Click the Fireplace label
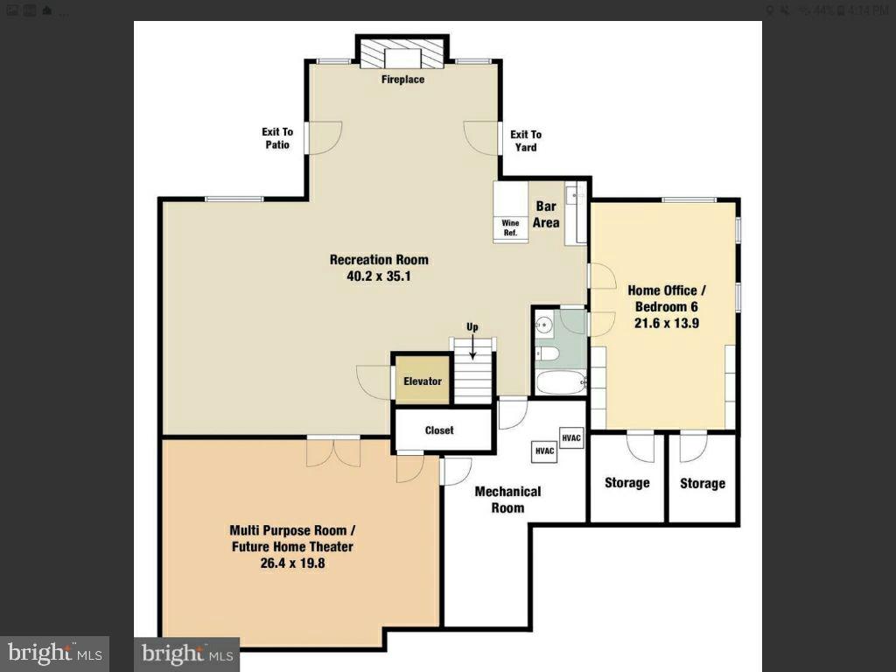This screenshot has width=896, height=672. coord(402,80)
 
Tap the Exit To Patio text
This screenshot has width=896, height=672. coord(276,138)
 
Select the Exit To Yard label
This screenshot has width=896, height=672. coord(526,141)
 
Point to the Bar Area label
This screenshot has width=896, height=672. coord(547,215)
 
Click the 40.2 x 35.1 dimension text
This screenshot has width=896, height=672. coord(379,276)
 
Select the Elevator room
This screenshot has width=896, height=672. coord(422,381)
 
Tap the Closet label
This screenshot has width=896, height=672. coord(439,430)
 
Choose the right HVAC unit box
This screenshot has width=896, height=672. coord(571,437)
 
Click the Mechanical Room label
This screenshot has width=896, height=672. coord(507,500)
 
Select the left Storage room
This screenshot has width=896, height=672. coord(627,483)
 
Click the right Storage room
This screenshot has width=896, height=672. coord(703,483)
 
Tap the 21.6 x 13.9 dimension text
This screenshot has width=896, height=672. coord(663,323)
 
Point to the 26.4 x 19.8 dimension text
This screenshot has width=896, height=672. coord(291,563)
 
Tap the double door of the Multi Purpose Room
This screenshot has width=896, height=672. coord(332,451)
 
